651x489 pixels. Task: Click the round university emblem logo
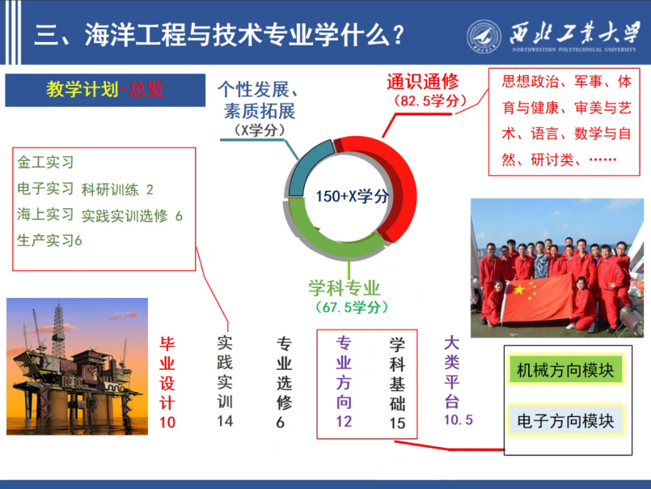pos(484,36)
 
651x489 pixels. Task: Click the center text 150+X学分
pos(352,196)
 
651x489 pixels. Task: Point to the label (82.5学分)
pos(430,100)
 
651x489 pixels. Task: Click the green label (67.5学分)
pos(352,308)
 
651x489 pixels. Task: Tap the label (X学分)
pos(260,130)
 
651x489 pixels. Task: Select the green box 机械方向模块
pos(565,370)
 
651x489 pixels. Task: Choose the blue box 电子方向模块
pos(565,420)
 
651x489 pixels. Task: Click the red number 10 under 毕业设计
pos(167,423)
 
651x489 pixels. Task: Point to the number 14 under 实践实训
pos(225,421)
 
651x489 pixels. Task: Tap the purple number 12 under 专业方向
pos(344,422)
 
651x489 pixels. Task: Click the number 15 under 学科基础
pos(397,423)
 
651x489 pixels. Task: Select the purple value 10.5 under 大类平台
pos(459,419)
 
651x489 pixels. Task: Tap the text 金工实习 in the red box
pos(45,162)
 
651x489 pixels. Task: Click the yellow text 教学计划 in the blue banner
pos(82,89)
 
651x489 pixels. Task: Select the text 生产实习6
pos(49,240)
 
